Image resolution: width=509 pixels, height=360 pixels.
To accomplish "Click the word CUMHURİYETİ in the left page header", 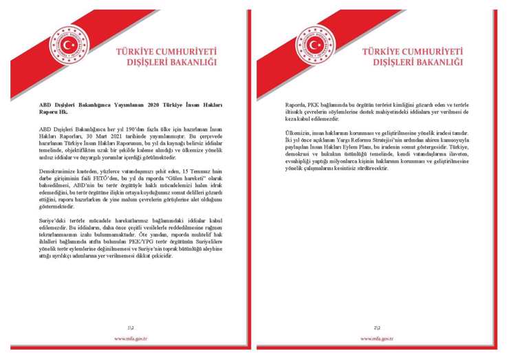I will click(x=184, y=51).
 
